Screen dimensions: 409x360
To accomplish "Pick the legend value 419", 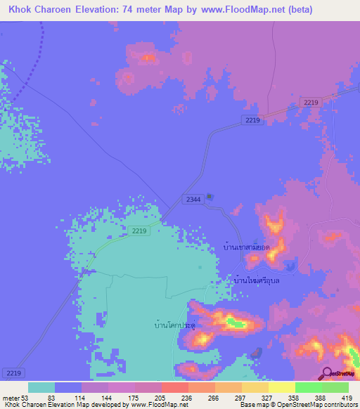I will pos(347,398).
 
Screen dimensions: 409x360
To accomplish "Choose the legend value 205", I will pos(160,398).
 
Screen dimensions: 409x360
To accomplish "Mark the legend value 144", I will pos(108,398).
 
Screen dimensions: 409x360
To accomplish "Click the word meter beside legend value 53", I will pos(11,398).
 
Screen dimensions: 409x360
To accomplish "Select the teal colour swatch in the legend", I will pos(41,387).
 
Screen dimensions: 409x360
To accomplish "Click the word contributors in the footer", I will pos(335,404).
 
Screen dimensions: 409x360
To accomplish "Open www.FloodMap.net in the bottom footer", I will pos(157,404).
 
